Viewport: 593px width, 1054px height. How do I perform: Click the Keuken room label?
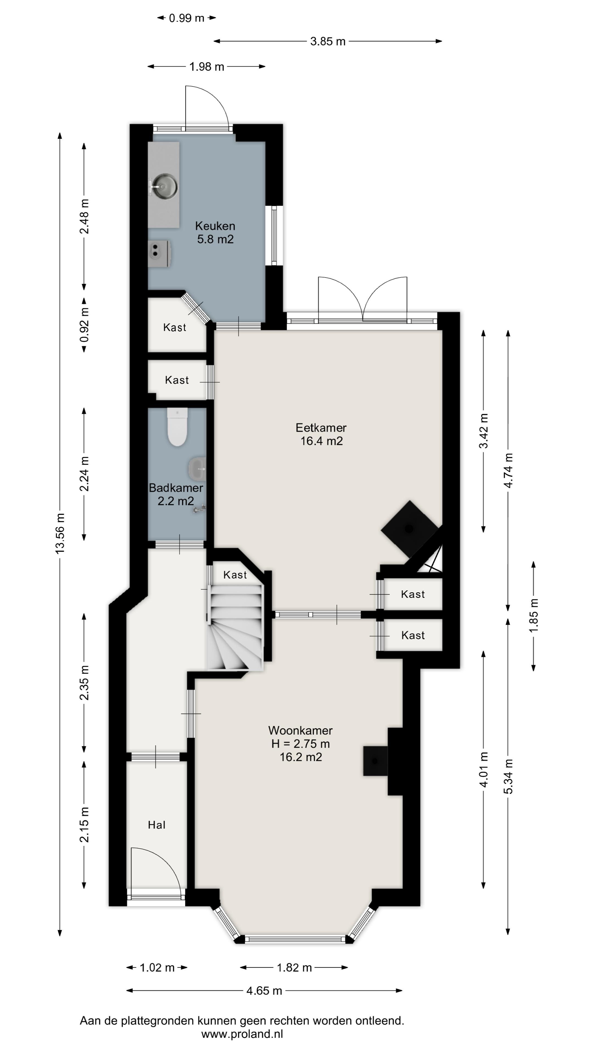215,226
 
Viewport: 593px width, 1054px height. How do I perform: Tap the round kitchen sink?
163,186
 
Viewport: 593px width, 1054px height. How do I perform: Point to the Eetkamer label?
321,428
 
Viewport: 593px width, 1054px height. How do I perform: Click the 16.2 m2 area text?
301,757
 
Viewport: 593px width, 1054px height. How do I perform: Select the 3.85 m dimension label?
328,41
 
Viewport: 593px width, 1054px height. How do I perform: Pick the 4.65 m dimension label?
264,991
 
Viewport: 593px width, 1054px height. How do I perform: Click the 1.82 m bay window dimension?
294,968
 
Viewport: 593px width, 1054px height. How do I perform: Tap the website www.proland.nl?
242,1034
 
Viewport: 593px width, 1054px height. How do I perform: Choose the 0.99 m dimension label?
187,18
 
